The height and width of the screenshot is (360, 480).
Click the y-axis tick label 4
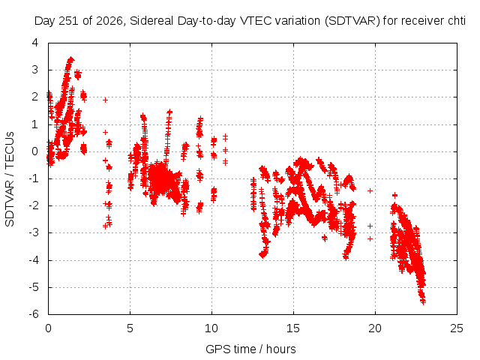point(35,43)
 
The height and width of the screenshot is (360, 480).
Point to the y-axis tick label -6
point(34,314)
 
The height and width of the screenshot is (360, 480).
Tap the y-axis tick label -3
point(34,232)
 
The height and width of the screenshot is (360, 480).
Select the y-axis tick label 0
point(35,151)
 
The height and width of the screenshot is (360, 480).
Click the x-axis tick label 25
point(457,328)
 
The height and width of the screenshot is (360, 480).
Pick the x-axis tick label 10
point(211,328)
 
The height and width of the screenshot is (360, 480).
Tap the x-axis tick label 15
point(293,328)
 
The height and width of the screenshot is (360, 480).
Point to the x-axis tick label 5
point(130,328)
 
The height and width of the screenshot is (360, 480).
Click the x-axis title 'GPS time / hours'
point(250,349)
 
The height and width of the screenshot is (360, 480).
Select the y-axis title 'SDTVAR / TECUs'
point(10,179)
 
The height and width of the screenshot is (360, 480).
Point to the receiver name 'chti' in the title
point(456,21)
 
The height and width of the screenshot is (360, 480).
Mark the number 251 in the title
point(69,21)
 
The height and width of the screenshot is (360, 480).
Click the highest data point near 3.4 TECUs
point(71,58)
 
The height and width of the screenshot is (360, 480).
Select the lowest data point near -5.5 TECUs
point(423,301)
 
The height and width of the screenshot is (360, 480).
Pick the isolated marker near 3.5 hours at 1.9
point(105,100)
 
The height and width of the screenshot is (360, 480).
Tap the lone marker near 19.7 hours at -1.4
point(370,190)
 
